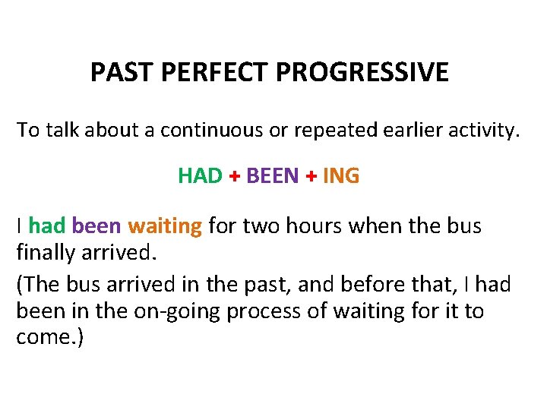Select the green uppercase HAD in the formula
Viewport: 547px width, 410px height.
point(200,176)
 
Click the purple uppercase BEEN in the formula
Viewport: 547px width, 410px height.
point(273,176)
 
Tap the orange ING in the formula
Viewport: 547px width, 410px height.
point(341,176)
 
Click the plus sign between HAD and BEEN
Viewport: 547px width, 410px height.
point(235,177)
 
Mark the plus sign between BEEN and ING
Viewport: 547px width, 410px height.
point(311,177)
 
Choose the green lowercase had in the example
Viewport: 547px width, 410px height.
point(47,226)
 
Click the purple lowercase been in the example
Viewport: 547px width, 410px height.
point(96,226)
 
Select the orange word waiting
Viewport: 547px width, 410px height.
point(165,226)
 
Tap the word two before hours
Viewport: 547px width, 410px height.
point(256,226)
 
